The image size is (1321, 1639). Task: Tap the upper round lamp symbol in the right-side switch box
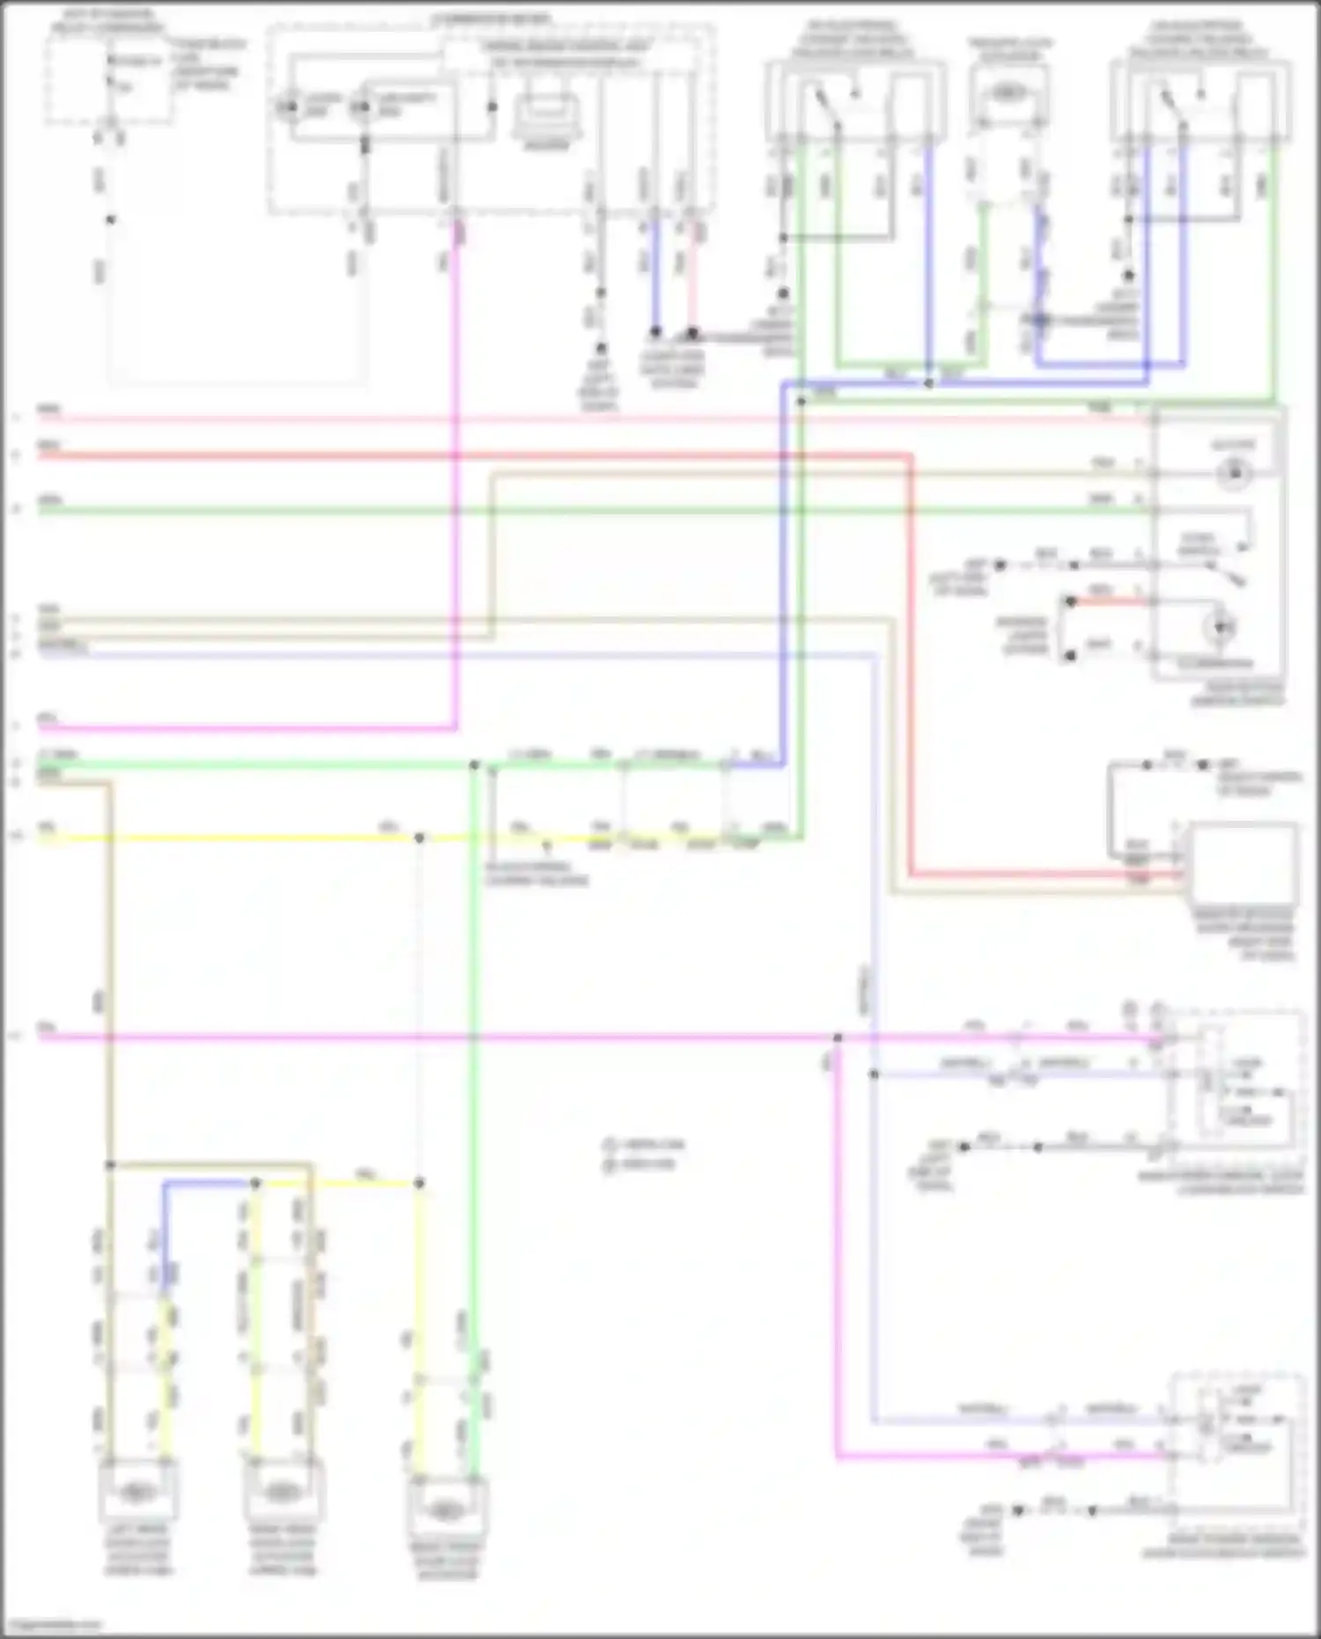pyautogui.click(x=1234, y=474)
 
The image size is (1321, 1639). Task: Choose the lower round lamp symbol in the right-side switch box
pyautogui.click(x=1221, y=627)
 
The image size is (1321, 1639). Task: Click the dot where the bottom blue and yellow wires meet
pyautogui.click(x=255, y=1184)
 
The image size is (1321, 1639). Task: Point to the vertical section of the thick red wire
pyautogui.click(x=911, y=661)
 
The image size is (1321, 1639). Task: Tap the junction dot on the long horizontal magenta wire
pyautogui.click(x=838, y=1037)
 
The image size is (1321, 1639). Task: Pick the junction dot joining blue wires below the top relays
pyautogui.click(x=929, y=383)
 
